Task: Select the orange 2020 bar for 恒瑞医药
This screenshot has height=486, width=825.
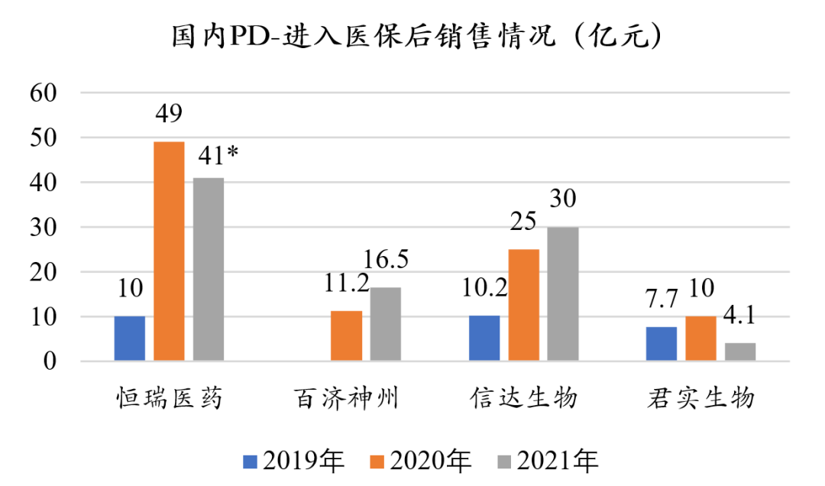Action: coord(169,251)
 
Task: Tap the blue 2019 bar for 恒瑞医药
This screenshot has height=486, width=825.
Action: coord(129,338)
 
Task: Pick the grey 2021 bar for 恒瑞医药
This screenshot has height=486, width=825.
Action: coord(209,269)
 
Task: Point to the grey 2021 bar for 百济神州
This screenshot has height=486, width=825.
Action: coord(386,324)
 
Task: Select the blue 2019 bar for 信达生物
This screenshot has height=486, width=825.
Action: coord(484,338)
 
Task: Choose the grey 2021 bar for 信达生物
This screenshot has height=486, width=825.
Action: coord(563,293)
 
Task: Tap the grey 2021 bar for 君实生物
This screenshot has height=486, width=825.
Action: coord(740,352)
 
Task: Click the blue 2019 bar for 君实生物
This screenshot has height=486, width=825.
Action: coord(661,344)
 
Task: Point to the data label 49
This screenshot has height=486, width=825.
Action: coord(168,115)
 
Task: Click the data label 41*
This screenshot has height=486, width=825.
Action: coord(215,154)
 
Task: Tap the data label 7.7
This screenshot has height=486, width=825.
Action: coord(661,299)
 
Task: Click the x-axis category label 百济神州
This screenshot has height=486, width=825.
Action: coord(346,398)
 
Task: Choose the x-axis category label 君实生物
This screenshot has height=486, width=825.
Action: coord(700,398)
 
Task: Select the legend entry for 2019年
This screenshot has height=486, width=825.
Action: coord(295,461)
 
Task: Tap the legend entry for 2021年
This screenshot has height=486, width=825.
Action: coord(548,461)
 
